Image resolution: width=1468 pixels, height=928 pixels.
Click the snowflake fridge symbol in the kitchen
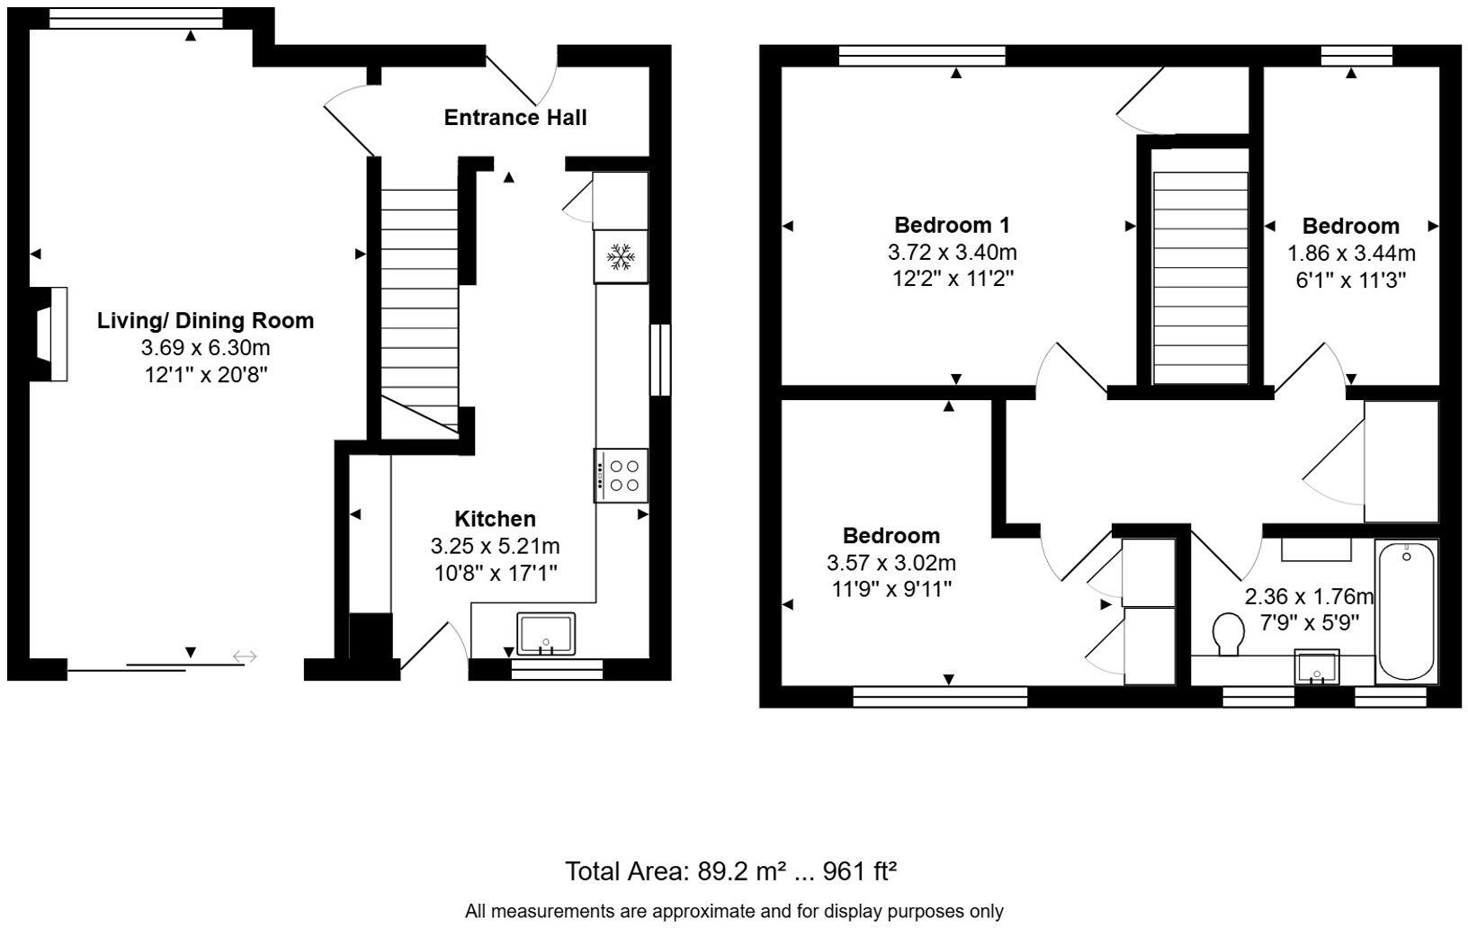tap(621, 256)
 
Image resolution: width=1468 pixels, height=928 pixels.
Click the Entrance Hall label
tap(515, 118)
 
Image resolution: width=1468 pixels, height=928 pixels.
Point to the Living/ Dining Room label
tap(206, 321)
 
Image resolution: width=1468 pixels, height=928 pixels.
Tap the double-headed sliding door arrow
tap(245, 657)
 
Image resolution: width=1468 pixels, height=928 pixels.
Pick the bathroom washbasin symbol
tap(1317, 667)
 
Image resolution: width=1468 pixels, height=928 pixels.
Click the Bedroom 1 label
tap(953, 225)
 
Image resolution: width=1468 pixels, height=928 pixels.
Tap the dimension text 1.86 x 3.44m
tap(1351, 253)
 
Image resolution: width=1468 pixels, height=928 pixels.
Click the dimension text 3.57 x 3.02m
tap(891, 563)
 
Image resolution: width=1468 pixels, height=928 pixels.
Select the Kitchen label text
tap(496, 519)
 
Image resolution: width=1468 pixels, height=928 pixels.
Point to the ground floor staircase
tap(419, 306)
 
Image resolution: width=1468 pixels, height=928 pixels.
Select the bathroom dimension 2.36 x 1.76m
tap(1309, 596)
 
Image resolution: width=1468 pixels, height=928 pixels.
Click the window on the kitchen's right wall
tap(660, 359)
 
